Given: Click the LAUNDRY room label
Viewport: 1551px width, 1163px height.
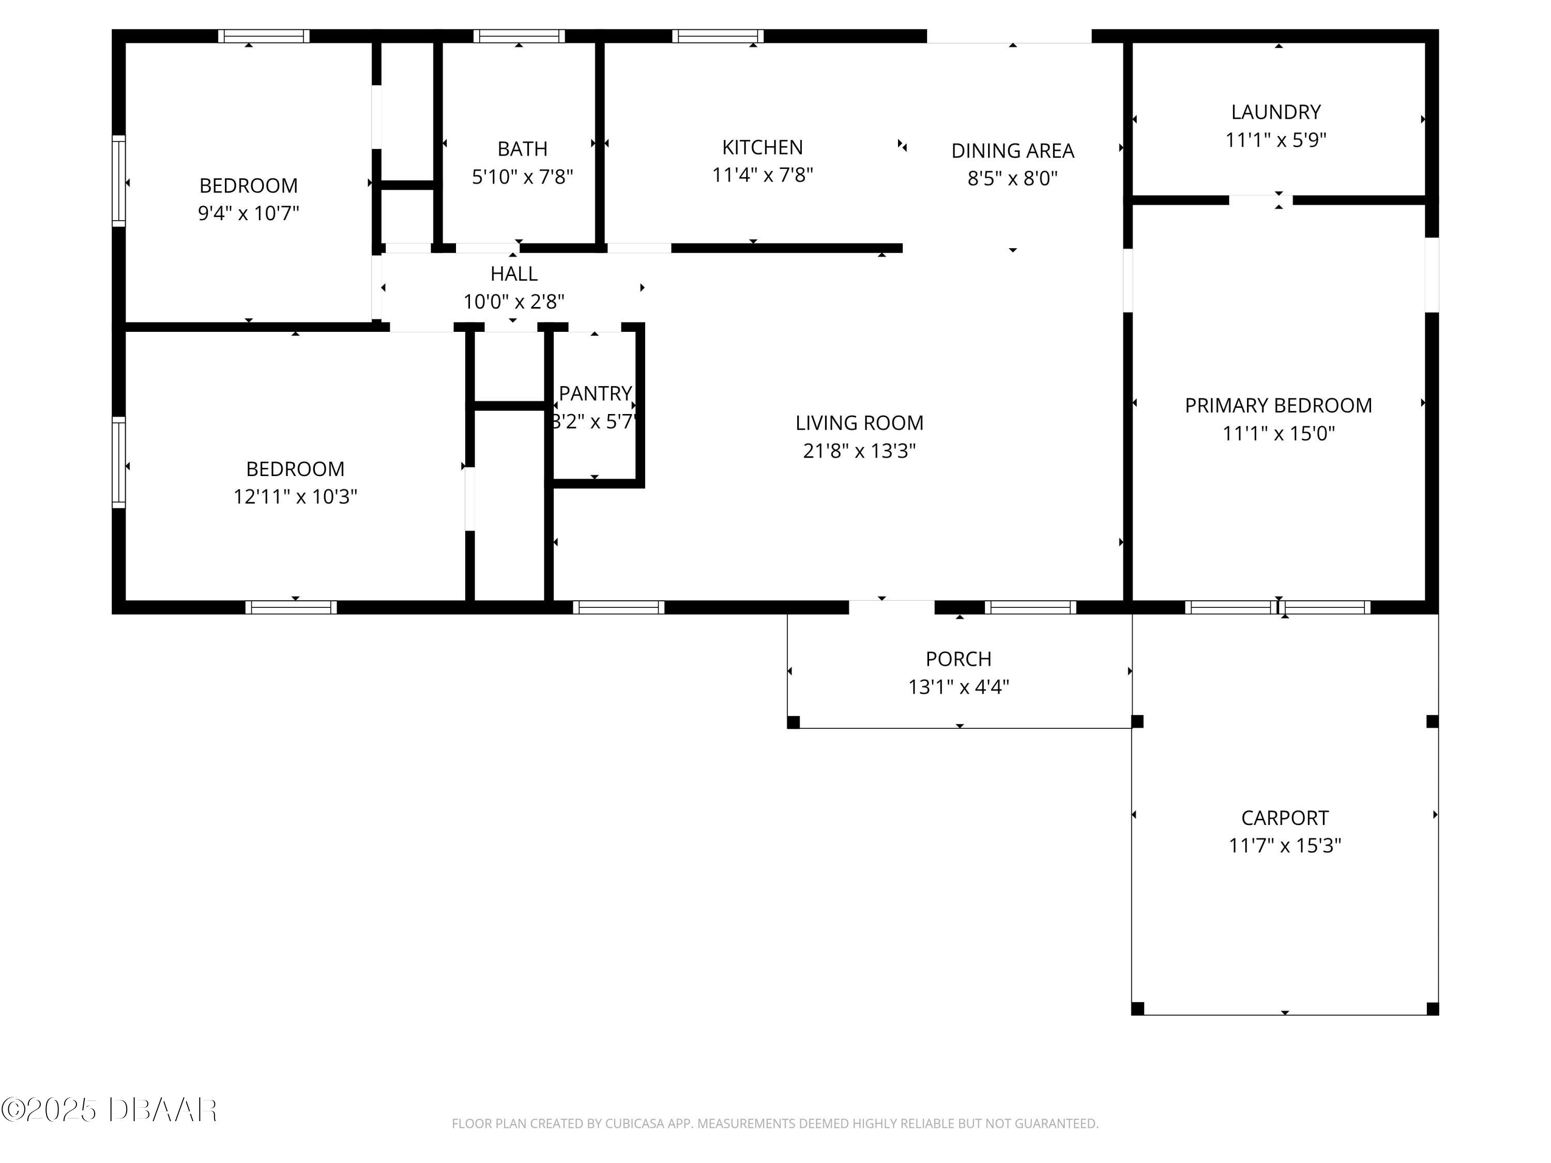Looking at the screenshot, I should [1275, 112].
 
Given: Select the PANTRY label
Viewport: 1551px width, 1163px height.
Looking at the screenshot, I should [595, 393].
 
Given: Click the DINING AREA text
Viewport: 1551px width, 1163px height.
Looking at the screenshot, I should [1012, 151].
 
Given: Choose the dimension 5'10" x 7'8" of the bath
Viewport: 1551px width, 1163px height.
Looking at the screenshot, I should [522, 177].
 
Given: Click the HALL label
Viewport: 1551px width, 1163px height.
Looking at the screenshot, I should [513, 273].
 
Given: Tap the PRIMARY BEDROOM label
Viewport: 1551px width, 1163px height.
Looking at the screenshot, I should [1278, 405].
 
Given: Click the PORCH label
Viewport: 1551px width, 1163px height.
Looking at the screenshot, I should [958, 659].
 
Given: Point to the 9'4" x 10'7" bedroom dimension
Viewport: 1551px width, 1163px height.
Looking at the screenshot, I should [248, 213].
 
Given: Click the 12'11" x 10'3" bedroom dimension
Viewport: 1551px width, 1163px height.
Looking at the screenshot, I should [295, 496].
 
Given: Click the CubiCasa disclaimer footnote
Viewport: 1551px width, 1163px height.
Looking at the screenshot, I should [775, 1124].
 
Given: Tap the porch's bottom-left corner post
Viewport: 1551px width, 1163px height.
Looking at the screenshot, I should [793, 722].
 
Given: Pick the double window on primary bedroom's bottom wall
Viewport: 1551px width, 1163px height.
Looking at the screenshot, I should [1278, 607].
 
